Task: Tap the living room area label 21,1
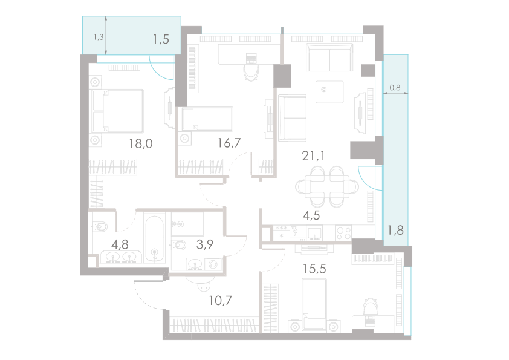[313, 156]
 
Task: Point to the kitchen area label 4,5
[311, 215]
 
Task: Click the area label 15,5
[314, 269]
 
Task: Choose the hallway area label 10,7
[221, 299]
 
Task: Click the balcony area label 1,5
[160, 39]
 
